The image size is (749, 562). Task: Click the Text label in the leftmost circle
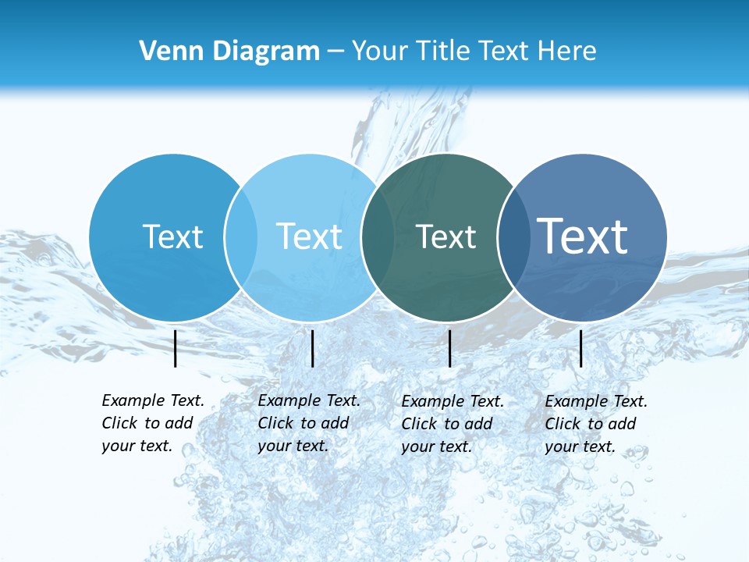(172, 237)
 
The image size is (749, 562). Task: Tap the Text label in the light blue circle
(309, 237)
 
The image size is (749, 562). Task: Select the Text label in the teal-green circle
(445, 237)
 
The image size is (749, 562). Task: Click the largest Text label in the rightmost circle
(583, 236)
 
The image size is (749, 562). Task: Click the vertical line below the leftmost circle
(176, 348)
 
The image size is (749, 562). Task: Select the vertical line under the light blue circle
(312, 348)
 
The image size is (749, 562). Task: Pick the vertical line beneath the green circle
(449, 348)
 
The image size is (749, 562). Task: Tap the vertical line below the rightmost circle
(581, 348)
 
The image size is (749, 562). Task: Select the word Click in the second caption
(275, 423)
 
